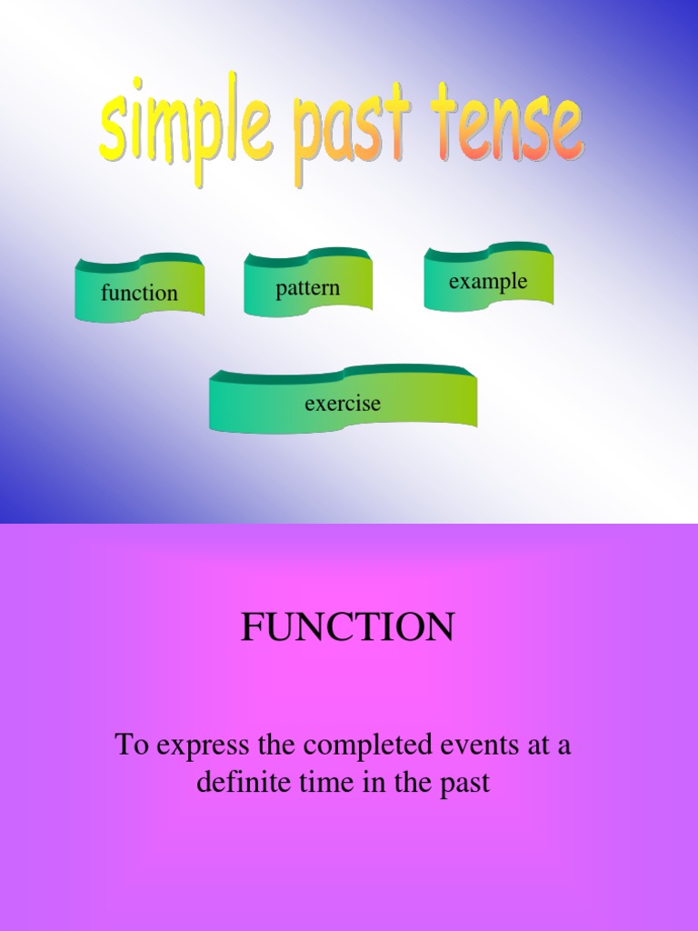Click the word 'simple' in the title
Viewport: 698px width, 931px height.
(185, 127)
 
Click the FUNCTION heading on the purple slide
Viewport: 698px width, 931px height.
(348, 627)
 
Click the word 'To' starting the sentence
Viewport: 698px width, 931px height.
(132, 746)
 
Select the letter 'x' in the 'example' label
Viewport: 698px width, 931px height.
(464, 281)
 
